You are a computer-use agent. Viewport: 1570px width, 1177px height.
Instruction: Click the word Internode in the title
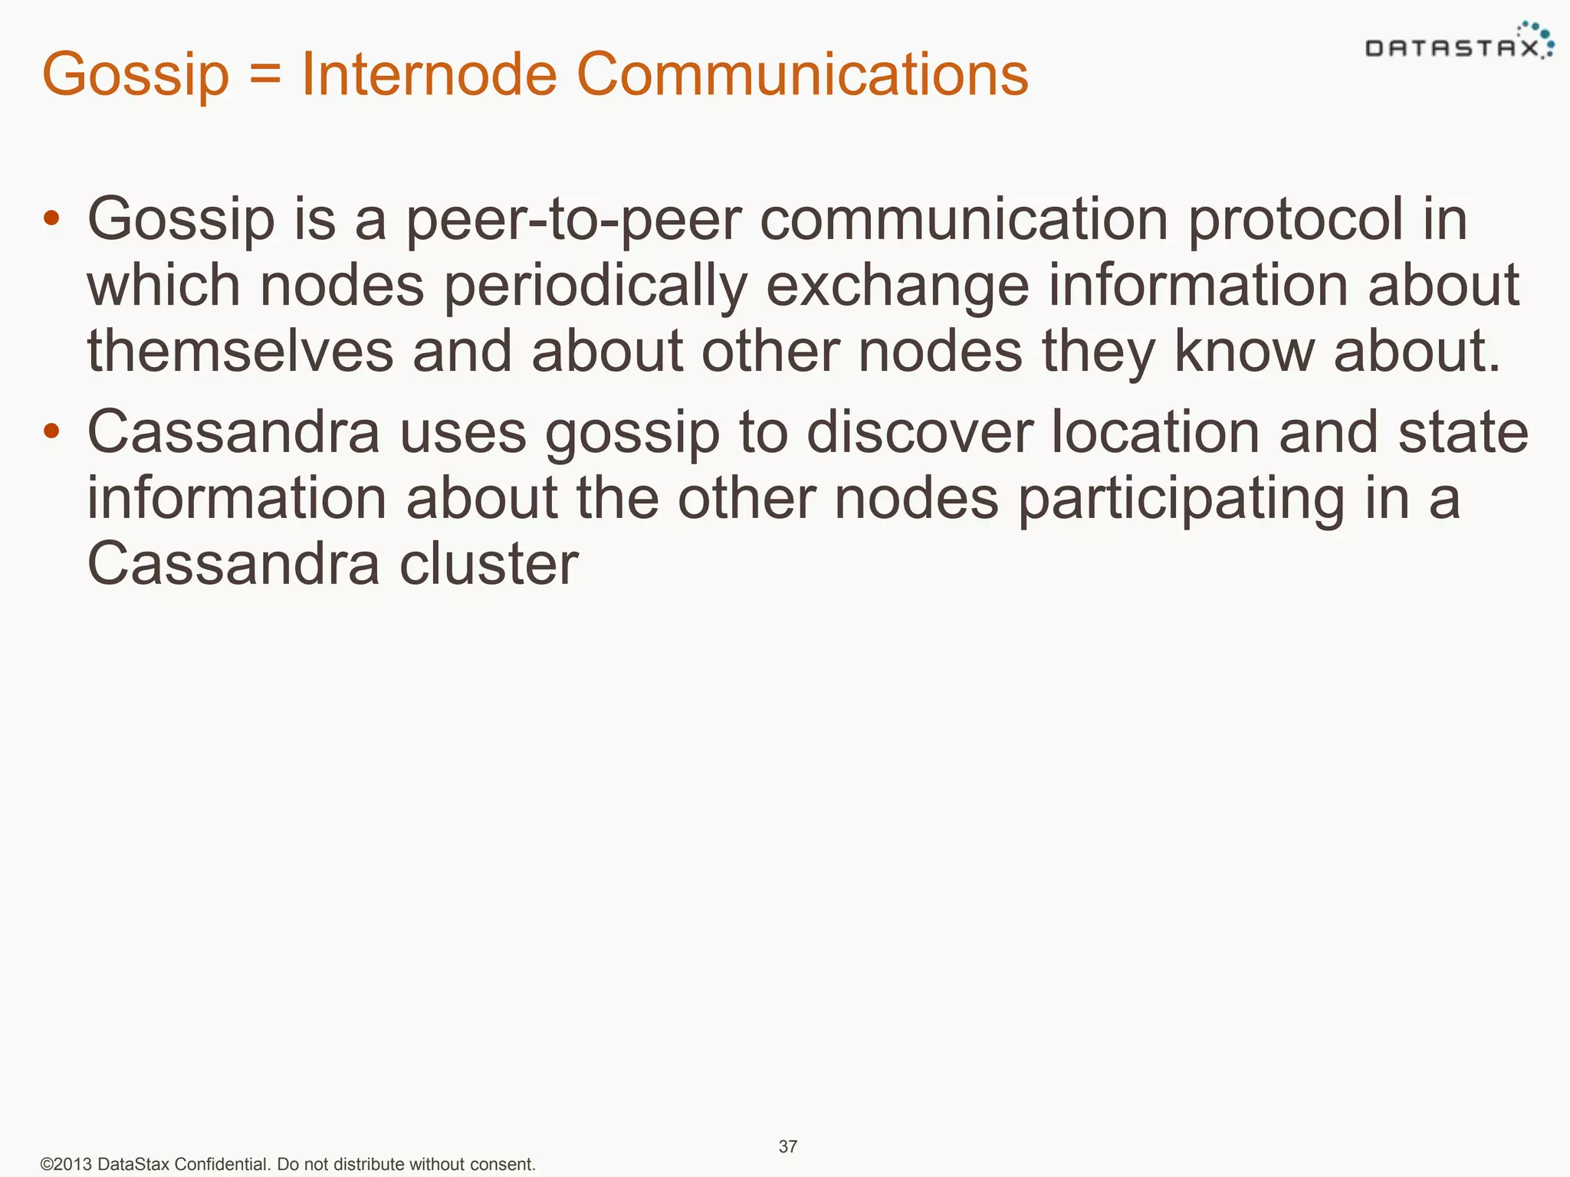(x=429, y=74)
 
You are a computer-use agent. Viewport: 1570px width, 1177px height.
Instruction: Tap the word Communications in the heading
(x=802, y=74)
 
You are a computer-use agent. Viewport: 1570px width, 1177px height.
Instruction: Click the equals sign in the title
(x=264, y=76)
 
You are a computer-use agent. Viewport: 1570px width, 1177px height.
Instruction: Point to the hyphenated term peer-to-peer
(x=573, y=220)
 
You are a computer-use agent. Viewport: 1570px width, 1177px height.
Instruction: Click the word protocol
(x=1295, y=220)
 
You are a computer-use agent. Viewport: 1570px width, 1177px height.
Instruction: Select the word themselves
(x=240, y=352)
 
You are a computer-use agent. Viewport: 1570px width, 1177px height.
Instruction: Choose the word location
(x=1155, y=432)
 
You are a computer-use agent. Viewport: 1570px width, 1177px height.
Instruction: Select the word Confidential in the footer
(x=222, y=1165)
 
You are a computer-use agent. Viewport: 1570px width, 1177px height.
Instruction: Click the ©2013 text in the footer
(x=66, y=1165)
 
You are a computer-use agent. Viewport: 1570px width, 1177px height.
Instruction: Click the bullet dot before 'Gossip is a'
(x=51, y=218)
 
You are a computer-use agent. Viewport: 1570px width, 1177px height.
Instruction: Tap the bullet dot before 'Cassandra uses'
(x=51, y=431)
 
